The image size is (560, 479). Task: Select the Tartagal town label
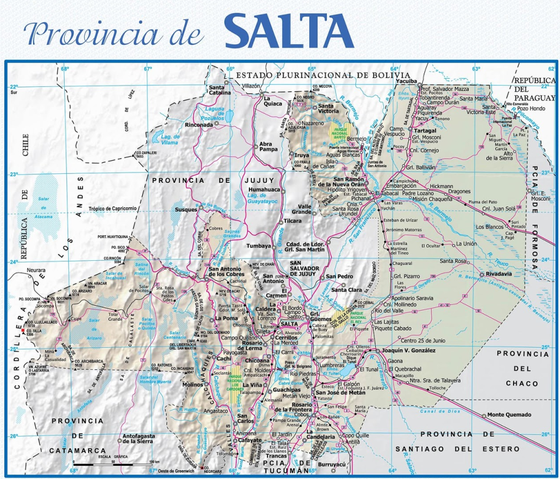click(x=426, y=131)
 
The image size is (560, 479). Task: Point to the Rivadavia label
click(x=499, y=274)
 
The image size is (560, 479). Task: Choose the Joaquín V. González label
click(x=408, y=351)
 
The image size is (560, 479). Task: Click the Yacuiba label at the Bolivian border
click(x=406, y=81)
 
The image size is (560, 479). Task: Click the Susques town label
click(x=186, y=210)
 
